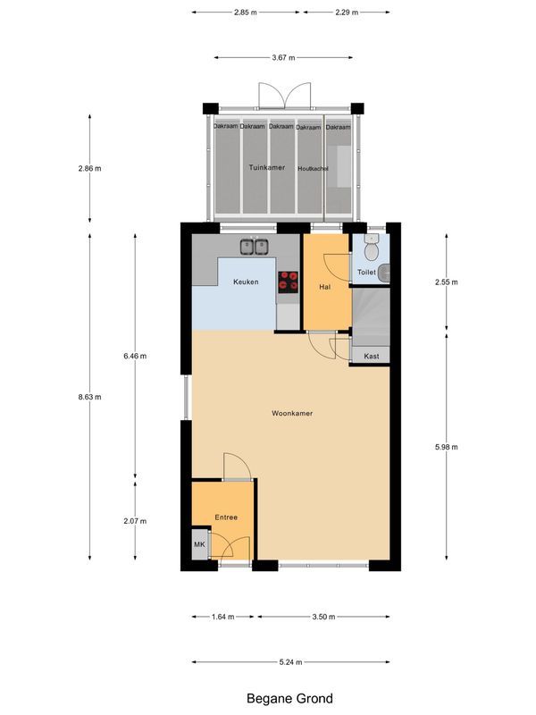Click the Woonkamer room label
pos(292,414)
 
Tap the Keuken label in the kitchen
pos(246,282)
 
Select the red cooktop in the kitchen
pos(288,282)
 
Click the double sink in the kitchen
pos(254,247)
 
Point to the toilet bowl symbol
pos(372,248)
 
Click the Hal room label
pos(325,286)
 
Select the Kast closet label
pos(372,357)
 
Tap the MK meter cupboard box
pos(199,544)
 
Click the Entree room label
pos(226,517)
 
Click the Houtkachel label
pos(313,168)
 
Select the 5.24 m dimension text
pos(291,662)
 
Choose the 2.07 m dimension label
pos(135,521)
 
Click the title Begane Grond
pos(290,698)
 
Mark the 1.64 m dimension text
pos(223,617)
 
